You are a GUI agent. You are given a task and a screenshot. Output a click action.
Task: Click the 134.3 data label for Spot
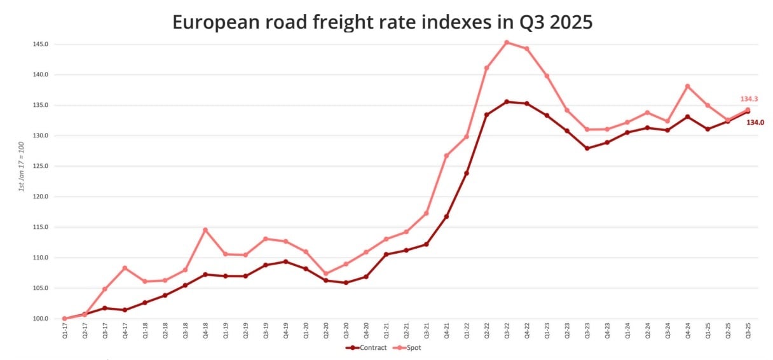tap(749, 99)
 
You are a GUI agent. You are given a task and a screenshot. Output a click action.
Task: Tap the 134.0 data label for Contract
tap(755, 122)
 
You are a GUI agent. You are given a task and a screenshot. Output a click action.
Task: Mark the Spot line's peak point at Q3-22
tap(507, 43)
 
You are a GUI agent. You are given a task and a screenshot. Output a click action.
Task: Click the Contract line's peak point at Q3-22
tap(507, 102)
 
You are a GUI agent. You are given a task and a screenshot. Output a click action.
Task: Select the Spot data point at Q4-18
tap(205, 230)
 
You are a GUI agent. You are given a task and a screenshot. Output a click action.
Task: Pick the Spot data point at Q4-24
tap(687, 86)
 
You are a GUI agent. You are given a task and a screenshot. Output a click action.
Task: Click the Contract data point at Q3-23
tap(587, 148)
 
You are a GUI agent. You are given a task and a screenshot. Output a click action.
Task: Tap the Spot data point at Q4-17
tap(125, 268)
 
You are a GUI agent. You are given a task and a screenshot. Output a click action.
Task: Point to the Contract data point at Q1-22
tap(467, 173)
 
